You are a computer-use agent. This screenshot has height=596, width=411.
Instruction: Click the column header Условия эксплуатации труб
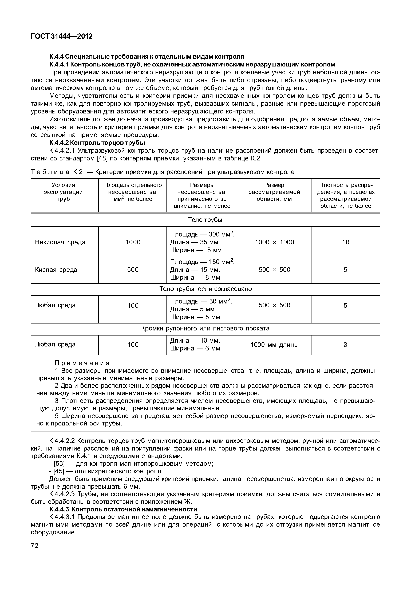pos(63,192)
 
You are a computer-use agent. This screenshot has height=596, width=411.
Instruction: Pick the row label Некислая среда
pos(60,242)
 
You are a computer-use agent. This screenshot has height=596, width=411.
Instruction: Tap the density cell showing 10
pos(345,242)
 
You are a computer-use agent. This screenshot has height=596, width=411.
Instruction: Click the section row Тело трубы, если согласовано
pos(205,289)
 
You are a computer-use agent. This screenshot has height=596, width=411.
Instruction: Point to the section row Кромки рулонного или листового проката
pos(205,329)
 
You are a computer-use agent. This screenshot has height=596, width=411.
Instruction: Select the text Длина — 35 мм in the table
pos(195,242)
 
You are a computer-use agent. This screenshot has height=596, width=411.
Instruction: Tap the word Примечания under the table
pos(82,363)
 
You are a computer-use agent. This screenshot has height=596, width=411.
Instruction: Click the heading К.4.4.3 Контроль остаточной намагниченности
pos(123,509)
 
